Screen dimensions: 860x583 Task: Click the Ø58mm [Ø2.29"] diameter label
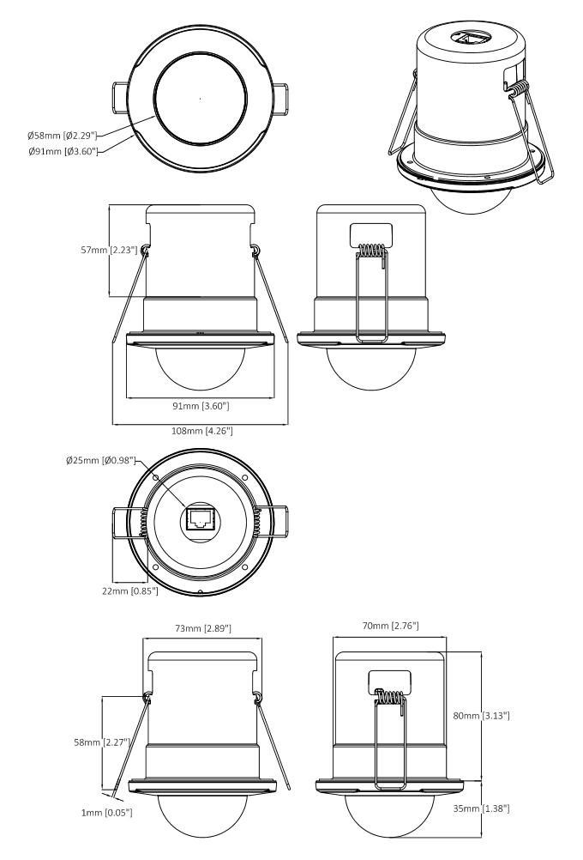pyautogui.click(x=63, y=135)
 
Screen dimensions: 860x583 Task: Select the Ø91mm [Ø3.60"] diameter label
pyautogui.click(x=63, y=151)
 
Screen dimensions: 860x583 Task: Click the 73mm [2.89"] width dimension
pyautogui.click(x=201, y=629)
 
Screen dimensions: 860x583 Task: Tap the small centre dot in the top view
pyautogui.click(x=200, y=100)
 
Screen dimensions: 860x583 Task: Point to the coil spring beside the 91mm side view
pyautogui.click(x=370, y=251)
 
